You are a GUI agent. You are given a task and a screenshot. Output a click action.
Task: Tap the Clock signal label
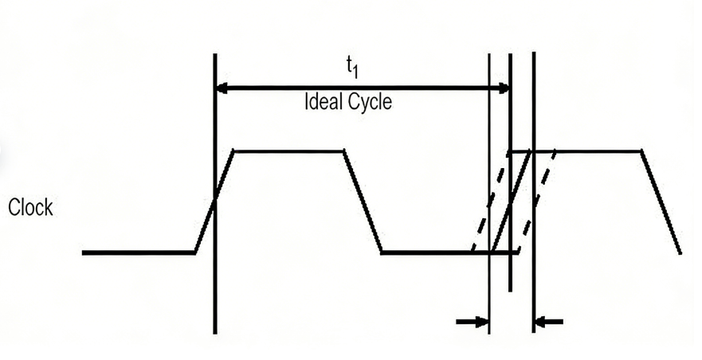(30, 209)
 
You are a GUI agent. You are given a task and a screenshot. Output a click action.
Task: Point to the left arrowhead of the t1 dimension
(223, 88)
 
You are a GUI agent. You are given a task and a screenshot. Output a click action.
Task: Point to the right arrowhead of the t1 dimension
(502, 88)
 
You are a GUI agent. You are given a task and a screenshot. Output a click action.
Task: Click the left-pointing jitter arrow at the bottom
(549, 322)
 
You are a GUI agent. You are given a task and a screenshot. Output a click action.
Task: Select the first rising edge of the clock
(214, 202)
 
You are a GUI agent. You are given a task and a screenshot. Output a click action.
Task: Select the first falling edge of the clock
(363, 202)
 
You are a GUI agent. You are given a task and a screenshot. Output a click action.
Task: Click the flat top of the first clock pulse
(288, 151)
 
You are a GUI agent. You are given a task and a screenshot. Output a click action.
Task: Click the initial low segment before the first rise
(139, 252)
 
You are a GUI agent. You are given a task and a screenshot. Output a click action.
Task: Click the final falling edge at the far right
(661, 202)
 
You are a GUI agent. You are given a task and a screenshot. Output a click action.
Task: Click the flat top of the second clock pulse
(598, 151)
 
